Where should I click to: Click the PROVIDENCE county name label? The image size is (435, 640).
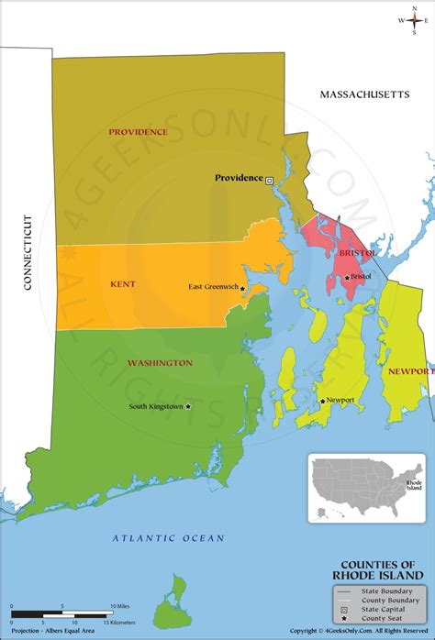tap(138, 132)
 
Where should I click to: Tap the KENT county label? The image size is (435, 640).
tap(123, 284)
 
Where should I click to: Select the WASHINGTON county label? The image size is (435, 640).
tap(160, 363)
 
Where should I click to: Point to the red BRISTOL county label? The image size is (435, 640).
tap(357, 252)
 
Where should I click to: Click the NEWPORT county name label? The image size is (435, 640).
tap(410, 371)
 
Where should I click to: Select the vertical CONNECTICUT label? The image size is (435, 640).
tap(28, 252)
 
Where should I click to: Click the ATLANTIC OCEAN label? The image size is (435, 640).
tap(168, 538)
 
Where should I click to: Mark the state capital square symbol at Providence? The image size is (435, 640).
tap(269, 181)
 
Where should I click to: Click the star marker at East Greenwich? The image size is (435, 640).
tap(242, 289)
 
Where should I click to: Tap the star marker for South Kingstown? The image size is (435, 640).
tap(188, 406)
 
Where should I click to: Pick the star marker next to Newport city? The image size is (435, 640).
tap(322, 401)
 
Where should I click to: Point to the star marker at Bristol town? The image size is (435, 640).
tap(347, 277)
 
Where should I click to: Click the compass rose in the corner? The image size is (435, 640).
tap(413, 19)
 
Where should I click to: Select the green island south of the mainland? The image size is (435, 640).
tap(171, 605)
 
